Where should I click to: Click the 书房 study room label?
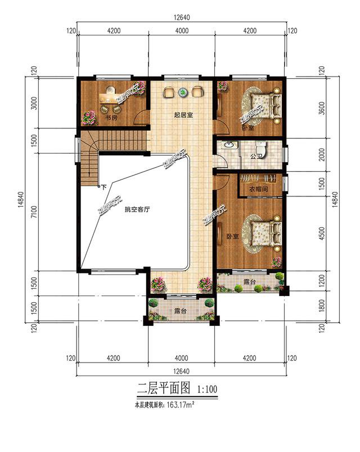(x=111, y=118)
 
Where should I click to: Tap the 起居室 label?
(x=183, y=115)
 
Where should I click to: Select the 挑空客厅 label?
(x=137, y=209)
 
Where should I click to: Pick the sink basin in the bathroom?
(x=228, y=145)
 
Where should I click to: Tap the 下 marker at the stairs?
(x=103, y=186)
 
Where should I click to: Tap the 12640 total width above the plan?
(x=181, y=17)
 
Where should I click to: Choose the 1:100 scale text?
(x=206, y=388)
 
